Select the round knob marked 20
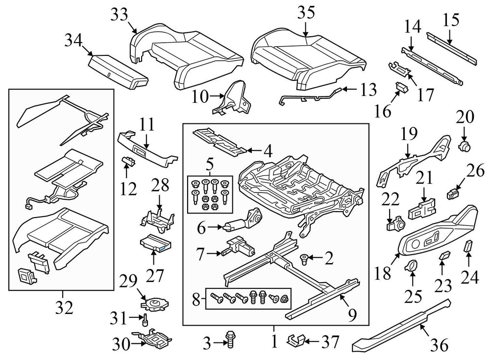[x=464, y=145]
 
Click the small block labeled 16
[x=401, y=88]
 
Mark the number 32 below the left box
[x=64, y=307]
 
